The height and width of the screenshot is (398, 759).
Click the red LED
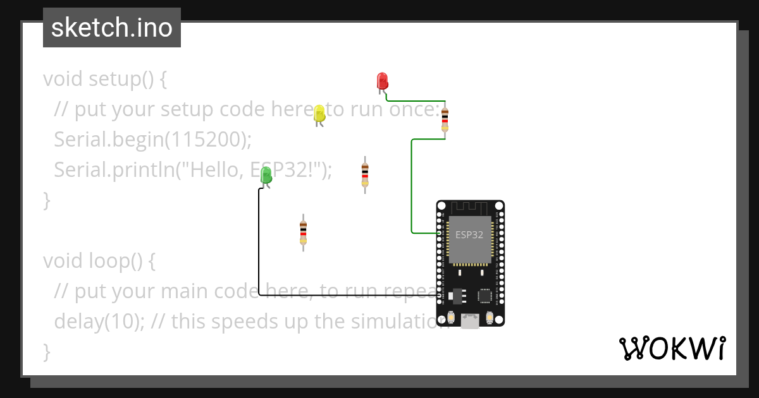click(x=382, y=81)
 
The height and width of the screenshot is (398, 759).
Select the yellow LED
click(x=319, y=114)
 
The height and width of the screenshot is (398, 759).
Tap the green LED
click(x=266, y=175)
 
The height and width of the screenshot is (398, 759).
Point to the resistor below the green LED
click(x=303, y=232)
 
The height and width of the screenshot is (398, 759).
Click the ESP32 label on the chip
click(x=469, y=234)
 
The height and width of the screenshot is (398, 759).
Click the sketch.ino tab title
click(x=111, y=28)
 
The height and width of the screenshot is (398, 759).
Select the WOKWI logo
click(x=672, y=348)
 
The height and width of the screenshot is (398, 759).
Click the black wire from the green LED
click(x=259, y=253)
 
